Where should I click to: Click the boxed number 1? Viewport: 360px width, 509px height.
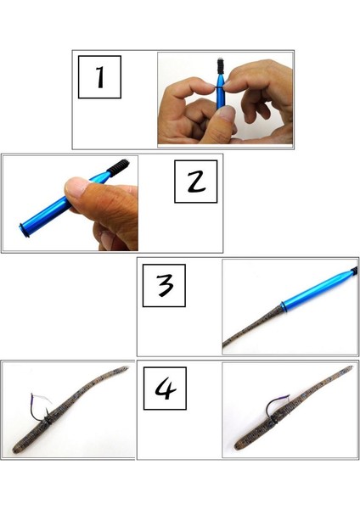[99, 78]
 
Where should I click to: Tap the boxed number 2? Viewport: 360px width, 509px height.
[195, 182]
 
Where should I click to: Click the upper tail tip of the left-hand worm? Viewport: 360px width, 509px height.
[126, 368]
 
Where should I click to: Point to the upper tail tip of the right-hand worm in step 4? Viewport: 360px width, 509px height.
[348, 368]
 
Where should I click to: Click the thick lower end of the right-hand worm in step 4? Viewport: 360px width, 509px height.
[231, 445]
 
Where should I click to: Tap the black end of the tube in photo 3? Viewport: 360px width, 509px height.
[352, 271]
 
